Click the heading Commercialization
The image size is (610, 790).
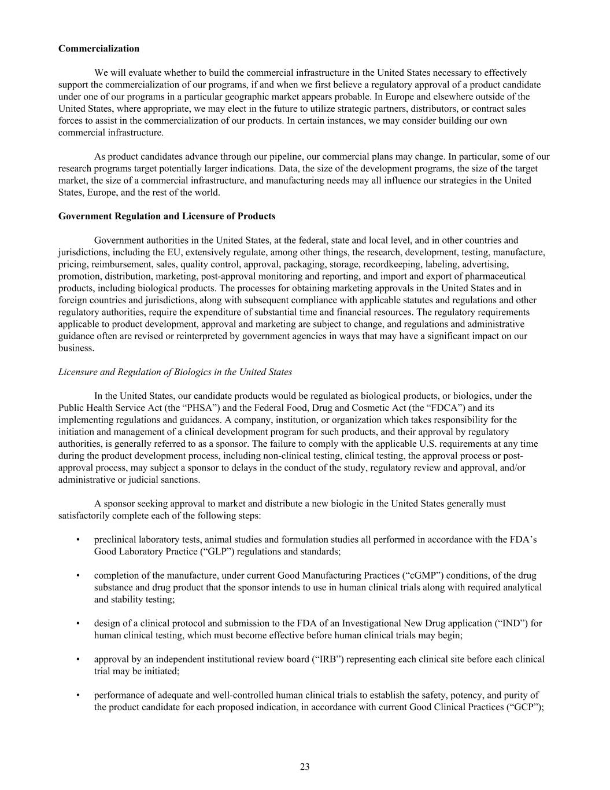click(x=98, y=49)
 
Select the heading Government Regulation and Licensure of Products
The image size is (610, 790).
click(x=167, y=216)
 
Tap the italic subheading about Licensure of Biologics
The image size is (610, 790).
click(x=175, y=372)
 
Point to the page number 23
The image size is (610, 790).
click(x=305, y=767)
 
